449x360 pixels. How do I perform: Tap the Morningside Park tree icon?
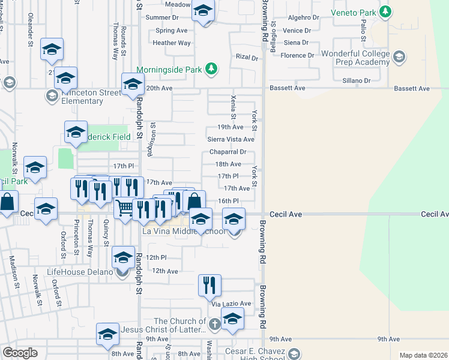[211, 70]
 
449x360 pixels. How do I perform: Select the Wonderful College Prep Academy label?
[356, 58]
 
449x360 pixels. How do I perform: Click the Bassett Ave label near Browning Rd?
[288, 88]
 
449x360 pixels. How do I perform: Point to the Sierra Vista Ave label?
[231, 139]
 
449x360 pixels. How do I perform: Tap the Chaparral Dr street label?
[228, 152]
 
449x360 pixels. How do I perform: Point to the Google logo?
[20, 353]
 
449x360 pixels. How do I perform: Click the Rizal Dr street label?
[246, 58]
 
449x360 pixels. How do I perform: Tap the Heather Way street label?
[172, 43]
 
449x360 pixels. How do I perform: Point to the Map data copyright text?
[423, 355]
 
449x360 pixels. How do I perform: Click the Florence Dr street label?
[297, 55]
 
